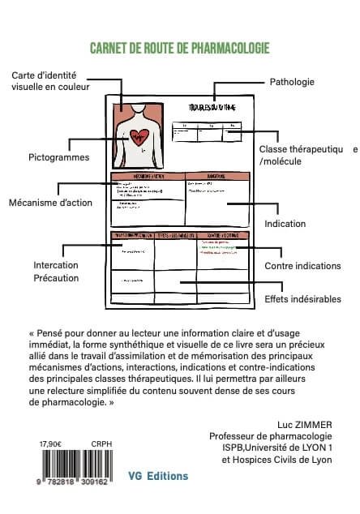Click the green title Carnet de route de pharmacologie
click(x=180, y=47)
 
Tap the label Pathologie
click(x=291, y=82)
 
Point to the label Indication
click(x=285, y=223)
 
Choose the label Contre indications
click(x=302, y=266)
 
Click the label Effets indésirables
click(x=302, y=299)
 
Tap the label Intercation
click(x=56, y=265)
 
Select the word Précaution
click(x=56, y=278)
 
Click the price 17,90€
click(x=51, y=444)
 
